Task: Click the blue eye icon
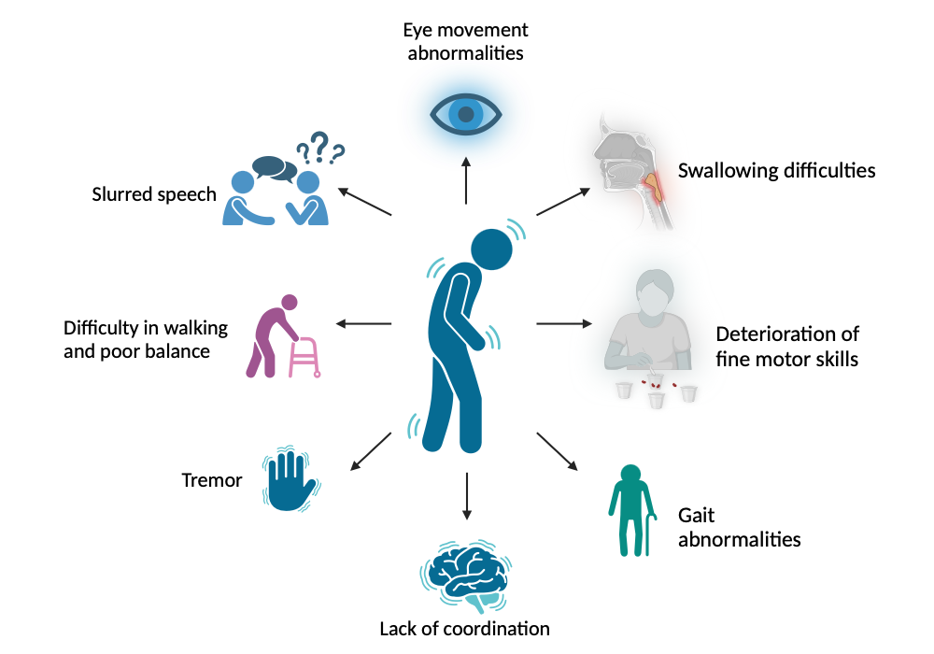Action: [466, 113]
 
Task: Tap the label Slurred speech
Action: [154, 195]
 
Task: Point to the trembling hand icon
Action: [291, 481]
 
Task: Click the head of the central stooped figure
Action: [491, 249]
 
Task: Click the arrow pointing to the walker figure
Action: [363, 324]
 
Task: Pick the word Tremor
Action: [211, 481]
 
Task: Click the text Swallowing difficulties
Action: [776, 171]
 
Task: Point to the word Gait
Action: [697, 516]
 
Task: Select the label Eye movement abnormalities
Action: [464, 41]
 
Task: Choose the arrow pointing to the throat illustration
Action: [563, 201]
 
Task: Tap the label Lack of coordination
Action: [464, 628]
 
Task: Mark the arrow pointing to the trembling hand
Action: [369, 452]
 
